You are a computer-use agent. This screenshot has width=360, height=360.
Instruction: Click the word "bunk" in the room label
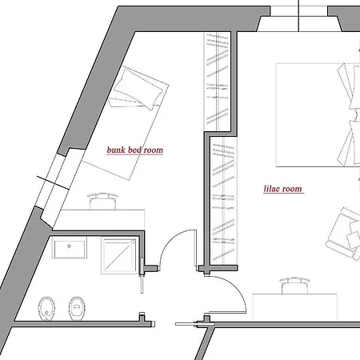(x=116, y=150)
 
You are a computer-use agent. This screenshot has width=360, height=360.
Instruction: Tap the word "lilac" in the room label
(x=272, y=189)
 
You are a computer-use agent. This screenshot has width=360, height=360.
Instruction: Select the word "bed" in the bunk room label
(x=134, y=150)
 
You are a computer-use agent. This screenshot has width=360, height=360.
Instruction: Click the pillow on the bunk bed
(x=138, y=89)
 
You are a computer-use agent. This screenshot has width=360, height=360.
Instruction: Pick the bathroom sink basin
(x=70, y=249)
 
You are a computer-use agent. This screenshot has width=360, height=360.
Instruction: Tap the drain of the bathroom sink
(x=70, y=246)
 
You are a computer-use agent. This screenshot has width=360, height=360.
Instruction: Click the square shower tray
(x=119, y=256)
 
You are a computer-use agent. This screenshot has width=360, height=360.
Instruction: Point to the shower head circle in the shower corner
(x=133, y=242)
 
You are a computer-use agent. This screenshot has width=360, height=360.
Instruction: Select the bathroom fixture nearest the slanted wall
(x=46, y=309)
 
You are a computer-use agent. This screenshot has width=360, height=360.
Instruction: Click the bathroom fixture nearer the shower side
(x=77, y=309)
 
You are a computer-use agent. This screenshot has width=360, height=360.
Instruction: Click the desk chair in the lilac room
(x=294, y=286)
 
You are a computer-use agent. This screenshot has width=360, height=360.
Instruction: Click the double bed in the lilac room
(x=318, y=115)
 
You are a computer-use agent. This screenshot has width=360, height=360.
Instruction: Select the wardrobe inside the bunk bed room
(x=218, y=82)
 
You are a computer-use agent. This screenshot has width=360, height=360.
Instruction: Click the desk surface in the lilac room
(x=294, y=307)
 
